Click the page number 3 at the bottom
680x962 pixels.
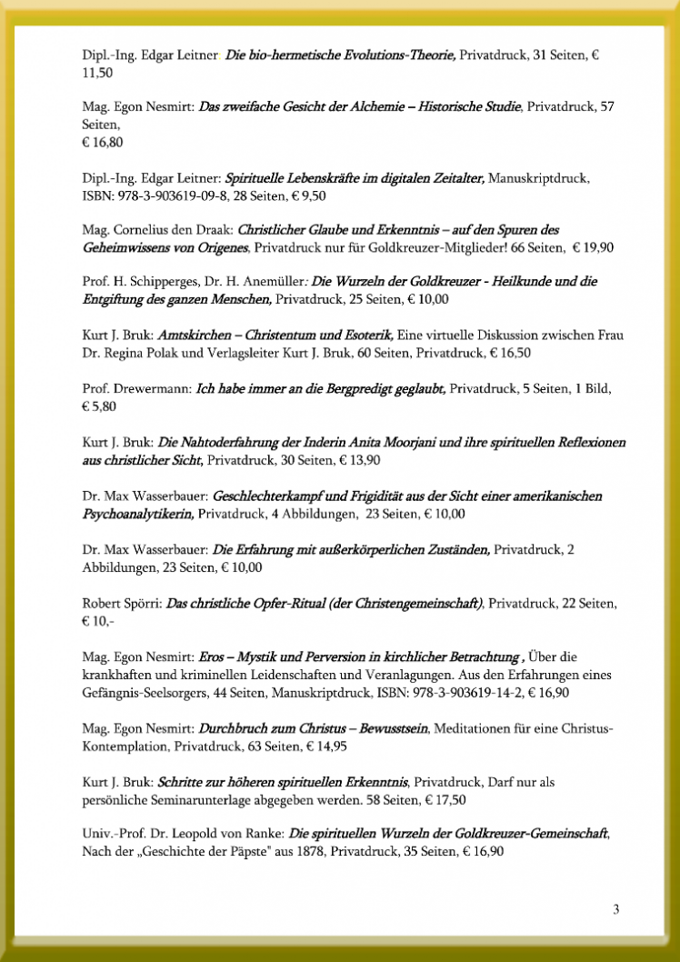pos(616,909)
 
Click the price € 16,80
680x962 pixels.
pos(103,143)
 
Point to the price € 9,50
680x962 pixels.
pos(333,195)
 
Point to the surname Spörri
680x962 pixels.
pos(141,603)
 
